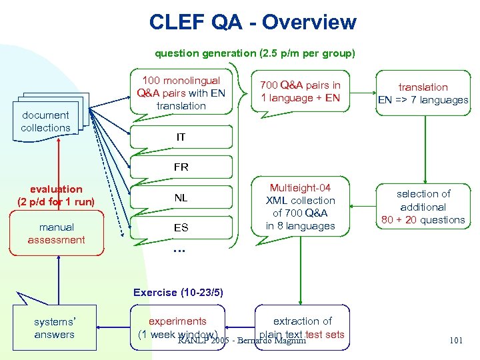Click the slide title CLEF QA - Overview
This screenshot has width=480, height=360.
click(253, 23)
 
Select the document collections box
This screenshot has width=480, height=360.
click(45, 121)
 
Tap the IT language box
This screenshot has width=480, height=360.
click(181, 137)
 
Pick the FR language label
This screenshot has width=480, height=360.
click(181, 167)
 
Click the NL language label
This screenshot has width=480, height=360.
click(181, 197)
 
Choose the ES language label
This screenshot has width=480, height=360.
click(181, 227)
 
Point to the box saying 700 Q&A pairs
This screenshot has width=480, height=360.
click(300, 91)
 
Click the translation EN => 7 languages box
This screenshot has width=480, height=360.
click(423, 93)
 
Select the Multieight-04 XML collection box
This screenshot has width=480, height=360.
click(300, 207)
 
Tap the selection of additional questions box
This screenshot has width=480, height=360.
click(423, 207)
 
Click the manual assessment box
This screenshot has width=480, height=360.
click(57, 233)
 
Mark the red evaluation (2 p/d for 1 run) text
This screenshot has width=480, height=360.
click(56, 195)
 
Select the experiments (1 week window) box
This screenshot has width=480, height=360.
click(178, 327)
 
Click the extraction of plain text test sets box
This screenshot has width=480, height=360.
click(302, 327)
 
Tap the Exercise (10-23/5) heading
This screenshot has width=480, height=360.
click(178, 292)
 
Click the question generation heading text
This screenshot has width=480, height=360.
click(255, 53)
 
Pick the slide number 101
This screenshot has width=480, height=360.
click(456, 340)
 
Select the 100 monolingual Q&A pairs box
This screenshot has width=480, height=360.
click(181, 93)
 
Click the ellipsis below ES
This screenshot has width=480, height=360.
click(179, 251)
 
